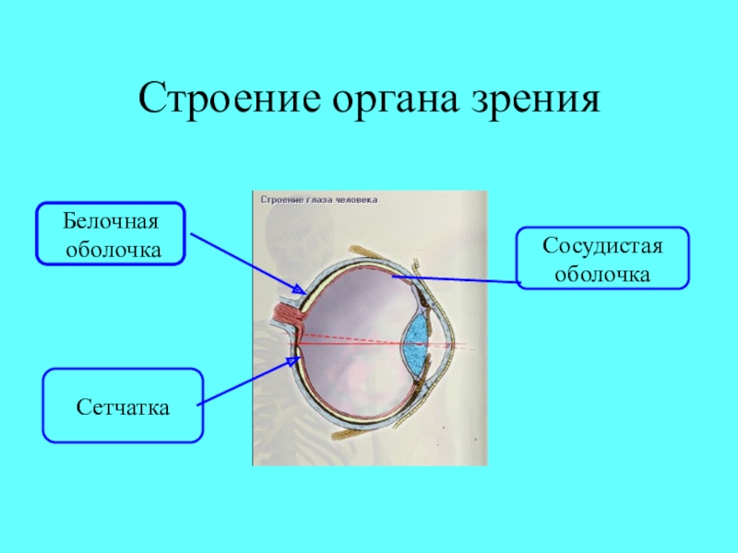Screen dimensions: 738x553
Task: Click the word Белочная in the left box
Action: (111, 222)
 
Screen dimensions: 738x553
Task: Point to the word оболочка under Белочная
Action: (111, 249)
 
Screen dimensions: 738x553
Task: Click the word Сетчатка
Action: (123, 406)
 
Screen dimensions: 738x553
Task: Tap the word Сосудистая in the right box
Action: (603, 247)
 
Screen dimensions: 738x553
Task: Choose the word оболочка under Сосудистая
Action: (603, 274)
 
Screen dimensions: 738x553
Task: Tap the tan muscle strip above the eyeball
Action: (369, 253)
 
